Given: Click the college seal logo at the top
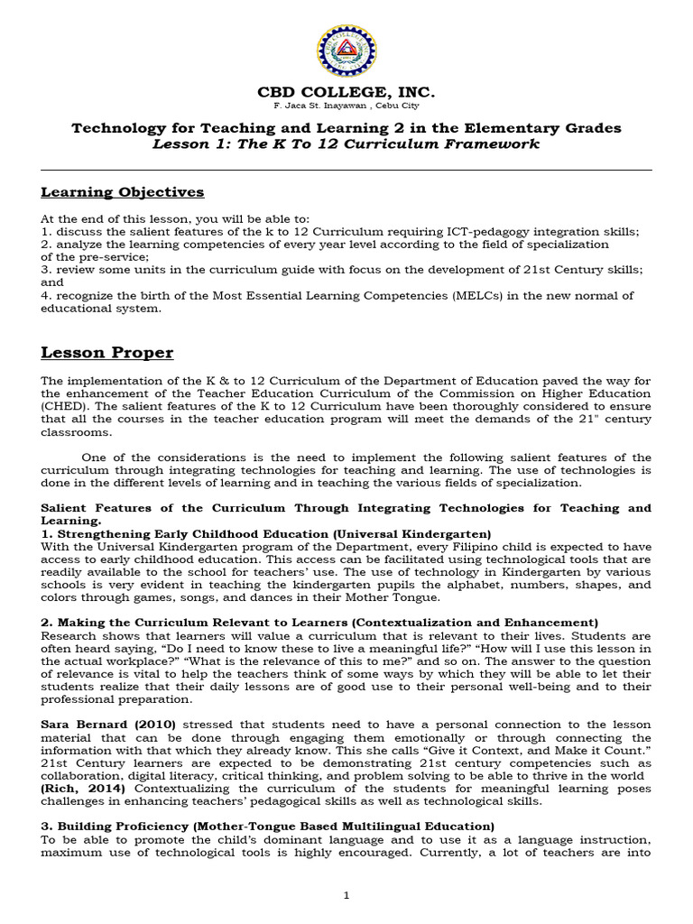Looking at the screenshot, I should point(346,51).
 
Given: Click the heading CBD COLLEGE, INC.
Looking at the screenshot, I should point(346,93).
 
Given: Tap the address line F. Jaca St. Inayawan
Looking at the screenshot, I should point(346,106).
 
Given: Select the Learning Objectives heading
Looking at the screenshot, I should point(123,192).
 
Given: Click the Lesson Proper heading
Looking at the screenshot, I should point(107,352).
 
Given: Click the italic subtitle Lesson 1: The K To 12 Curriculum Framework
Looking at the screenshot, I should point(346,144).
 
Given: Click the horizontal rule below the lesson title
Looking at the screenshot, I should point(346,170).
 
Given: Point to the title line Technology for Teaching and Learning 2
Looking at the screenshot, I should point(346,128).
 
